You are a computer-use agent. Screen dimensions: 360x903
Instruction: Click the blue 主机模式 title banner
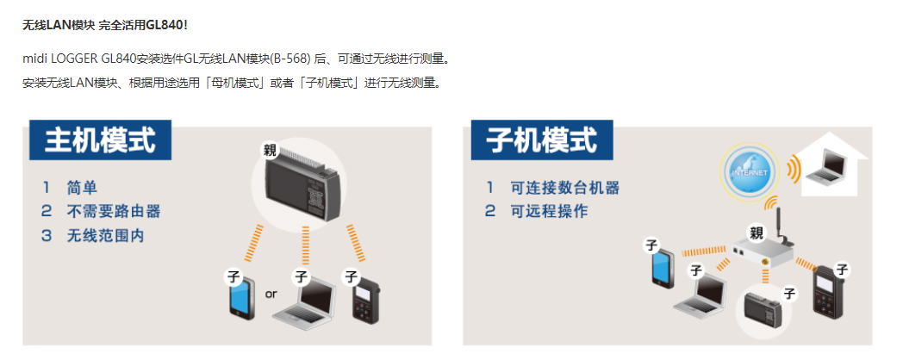(x=100, y=140)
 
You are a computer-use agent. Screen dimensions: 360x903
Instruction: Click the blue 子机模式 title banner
(x=542, y=140)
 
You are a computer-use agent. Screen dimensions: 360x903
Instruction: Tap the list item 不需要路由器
(x=113, y=211)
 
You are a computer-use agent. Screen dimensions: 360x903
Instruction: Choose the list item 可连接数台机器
(x=564, y=187)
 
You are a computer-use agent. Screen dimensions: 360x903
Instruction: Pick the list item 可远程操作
(x=549, y=211)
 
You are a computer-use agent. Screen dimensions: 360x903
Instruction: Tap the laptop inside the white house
(x=833, y=168)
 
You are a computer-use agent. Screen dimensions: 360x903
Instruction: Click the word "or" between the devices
(x=271, y=294)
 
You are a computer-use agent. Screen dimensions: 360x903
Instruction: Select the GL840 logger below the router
(x=761, y=308)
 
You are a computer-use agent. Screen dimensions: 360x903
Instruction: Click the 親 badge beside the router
(x=757, y=233)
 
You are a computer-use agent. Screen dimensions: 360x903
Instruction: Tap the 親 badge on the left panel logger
(x=272, y=151)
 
